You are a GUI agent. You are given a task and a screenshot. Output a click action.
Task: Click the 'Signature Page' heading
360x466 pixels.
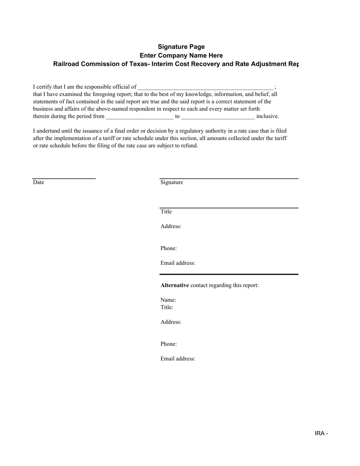181,47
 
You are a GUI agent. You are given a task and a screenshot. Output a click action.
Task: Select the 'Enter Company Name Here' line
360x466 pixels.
181,55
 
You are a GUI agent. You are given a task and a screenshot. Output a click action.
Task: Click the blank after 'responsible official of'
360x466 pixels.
205,87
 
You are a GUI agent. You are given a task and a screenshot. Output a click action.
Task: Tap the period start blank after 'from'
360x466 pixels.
139,117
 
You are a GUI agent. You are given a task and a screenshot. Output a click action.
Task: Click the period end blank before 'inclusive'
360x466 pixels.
218,117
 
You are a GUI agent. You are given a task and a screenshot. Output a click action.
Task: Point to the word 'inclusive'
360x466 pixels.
267,116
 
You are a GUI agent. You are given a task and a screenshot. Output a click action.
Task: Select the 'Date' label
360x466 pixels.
39,182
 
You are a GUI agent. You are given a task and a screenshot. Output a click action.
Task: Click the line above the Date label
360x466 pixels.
64,178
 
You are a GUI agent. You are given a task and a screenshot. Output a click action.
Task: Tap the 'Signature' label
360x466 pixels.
172,182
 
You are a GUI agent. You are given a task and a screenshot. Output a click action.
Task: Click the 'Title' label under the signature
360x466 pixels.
166,211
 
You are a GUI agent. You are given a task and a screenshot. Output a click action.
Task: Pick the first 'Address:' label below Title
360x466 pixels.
171,226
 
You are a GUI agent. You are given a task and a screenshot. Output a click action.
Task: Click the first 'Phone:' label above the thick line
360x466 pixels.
169,248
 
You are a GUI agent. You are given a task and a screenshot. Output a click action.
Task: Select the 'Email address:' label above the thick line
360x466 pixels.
178,263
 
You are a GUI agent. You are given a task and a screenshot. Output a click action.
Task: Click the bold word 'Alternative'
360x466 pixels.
175,285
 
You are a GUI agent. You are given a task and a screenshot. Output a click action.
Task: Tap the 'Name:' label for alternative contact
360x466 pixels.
168,300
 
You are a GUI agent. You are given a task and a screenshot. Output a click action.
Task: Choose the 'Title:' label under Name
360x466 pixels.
167,307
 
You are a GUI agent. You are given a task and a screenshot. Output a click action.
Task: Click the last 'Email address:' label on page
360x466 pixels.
178,359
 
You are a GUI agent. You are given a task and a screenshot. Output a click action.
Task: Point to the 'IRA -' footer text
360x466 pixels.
321,433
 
